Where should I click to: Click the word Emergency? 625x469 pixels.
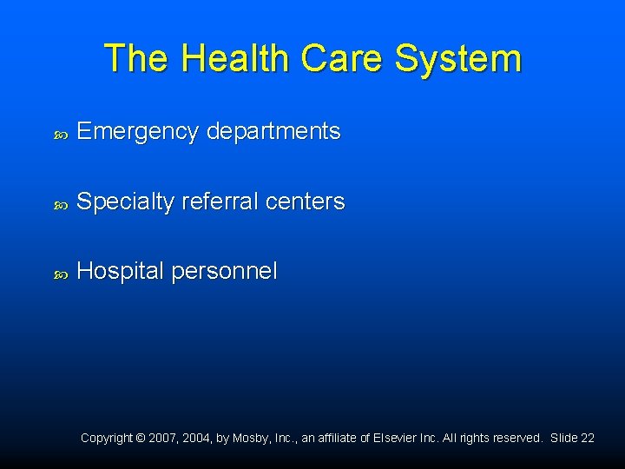pyautogui.click(x=137, y=132)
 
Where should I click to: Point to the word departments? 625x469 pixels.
pyautogui.click(x=273, y=132)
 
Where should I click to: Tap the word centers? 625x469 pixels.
pyautogui.click(x=305, y=201)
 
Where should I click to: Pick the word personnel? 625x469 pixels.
pyautogui.click(x=224, y=271)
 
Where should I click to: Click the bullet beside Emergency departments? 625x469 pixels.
pyautogui.click(x=60, y=134)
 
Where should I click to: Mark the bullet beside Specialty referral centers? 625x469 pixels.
pyautogui.click(x=60, y=203)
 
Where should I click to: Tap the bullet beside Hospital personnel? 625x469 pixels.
pyautogui.click(x=60, y=273)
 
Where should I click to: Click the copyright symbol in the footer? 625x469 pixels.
pyautogui.click(x=141, y=439)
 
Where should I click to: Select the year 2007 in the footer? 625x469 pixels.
pyautogui.click(x=162, y=439)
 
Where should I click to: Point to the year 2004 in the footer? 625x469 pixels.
pyautogui.click(x=195, y=439)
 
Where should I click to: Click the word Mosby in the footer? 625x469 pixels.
pyautogui.click(x=251, y=439)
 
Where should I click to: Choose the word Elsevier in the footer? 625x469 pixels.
pyautogui.click(x=395, y=439)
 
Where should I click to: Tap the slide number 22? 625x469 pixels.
pyautogui.click(x=588, y=439)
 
